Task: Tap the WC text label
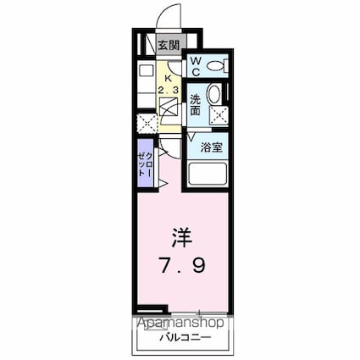pyautogui.click(x=193, y=66)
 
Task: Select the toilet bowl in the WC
pyautogui.click(x=216, y=64)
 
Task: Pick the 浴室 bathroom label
pyautogui.click(x=213, y=147)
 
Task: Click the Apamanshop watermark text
pyautogui.click(x=179, y=322)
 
